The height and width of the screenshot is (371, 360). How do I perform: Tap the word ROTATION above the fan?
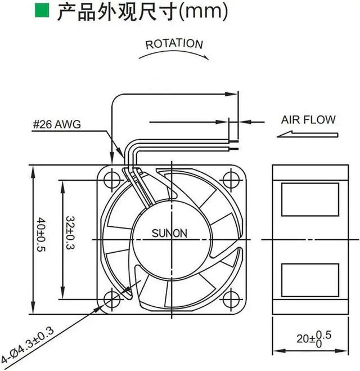tap(173, 43)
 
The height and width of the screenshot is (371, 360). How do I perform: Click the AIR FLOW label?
tap(308, 119)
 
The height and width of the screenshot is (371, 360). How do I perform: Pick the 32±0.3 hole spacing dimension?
tap(69, 232)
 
